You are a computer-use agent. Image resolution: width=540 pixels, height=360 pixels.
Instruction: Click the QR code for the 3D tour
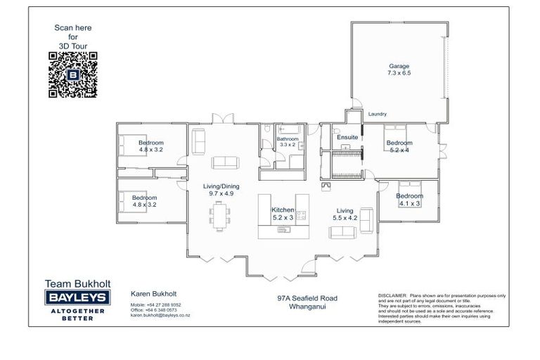(73, 75)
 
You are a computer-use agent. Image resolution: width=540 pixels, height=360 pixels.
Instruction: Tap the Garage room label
(399, 69)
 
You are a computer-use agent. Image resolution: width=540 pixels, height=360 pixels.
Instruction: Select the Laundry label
(378, 114)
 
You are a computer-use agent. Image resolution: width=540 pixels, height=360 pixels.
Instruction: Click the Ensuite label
(347, 136)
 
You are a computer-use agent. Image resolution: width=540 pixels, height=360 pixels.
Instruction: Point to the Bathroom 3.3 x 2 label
(287, 143)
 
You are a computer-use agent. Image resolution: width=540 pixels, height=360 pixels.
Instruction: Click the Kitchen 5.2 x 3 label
(284, 214)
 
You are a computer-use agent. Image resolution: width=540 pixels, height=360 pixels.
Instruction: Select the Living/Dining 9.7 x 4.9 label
(221, 190)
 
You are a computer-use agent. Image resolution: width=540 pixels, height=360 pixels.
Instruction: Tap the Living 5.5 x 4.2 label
(345, 214)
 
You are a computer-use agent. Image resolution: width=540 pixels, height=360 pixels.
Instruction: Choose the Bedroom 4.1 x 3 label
(409, 200)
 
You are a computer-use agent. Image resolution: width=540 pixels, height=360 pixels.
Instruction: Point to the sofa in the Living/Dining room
(226, 162)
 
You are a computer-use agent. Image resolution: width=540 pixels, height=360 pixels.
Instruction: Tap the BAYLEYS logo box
(77, 298)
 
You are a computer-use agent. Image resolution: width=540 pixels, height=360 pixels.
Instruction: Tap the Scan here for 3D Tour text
(73, 37)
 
